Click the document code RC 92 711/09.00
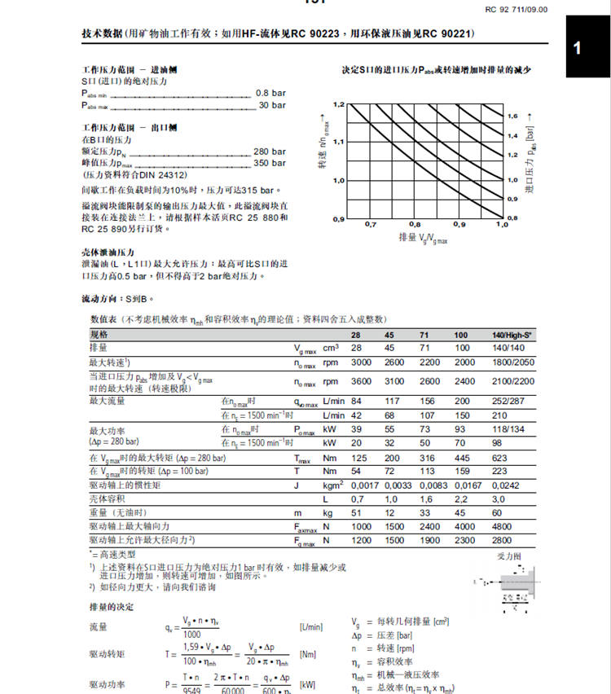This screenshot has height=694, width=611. [x=516, y=9]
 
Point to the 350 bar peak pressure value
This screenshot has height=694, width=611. [x=269, y=163]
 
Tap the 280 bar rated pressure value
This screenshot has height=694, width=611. [x=269, y=152]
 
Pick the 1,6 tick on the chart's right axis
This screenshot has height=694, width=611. [x=512, y=116]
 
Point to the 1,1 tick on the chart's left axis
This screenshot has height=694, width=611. [x=339, y=142]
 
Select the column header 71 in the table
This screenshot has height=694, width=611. [x=424, y=336]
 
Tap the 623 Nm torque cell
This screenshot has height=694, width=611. [x=499, y=459]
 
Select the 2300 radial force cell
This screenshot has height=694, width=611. [x=465, y=539]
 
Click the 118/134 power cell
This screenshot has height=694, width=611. [x=506, y=428]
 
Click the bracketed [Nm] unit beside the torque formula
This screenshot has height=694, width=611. [x=309, y=653]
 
